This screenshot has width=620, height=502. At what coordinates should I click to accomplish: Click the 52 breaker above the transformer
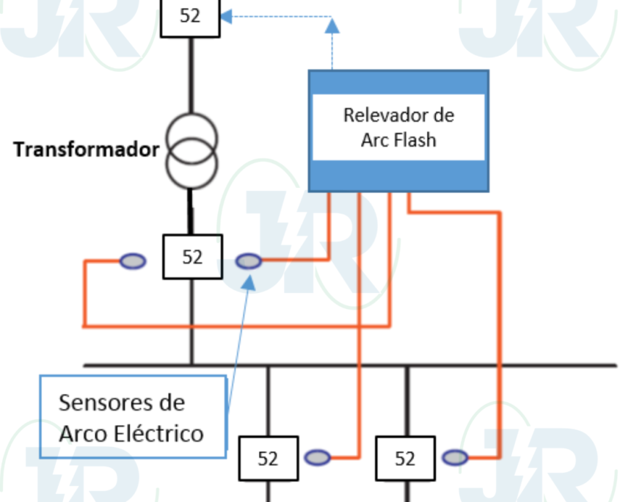click(x=190, y=16)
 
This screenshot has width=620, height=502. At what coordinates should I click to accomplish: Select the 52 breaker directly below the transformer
click(x=192, y=257)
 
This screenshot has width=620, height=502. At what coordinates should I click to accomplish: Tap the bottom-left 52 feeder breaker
click(x=269, y=459)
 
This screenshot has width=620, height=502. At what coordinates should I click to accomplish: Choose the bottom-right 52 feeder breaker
click(x=405, y=459)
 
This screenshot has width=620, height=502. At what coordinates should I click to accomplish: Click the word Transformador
click(x=86, y=150)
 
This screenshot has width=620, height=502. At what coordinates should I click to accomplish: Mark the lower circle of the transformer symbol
click(x=191, y=165)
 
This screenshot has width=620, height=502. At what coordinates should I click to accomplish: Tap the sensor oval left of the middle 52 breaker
click(x=133, y=261)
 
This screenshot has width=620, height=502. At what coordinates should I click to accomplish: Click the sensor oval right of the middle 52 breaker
click(x=249, y=261)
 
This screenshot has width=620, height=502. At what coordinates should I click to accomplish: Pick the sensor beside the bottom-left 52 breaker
click(x=318, y=458)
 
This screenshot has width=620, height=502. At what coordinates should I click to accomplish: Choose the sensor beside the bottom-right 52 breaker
click(x=455, y=458)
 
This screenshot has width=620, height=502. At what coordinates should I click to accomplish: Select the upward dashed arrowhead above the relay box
click(x=332, y=26)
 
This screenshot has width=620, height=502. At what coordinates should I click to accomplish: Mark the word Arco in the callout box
click(x=82, y=433)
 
